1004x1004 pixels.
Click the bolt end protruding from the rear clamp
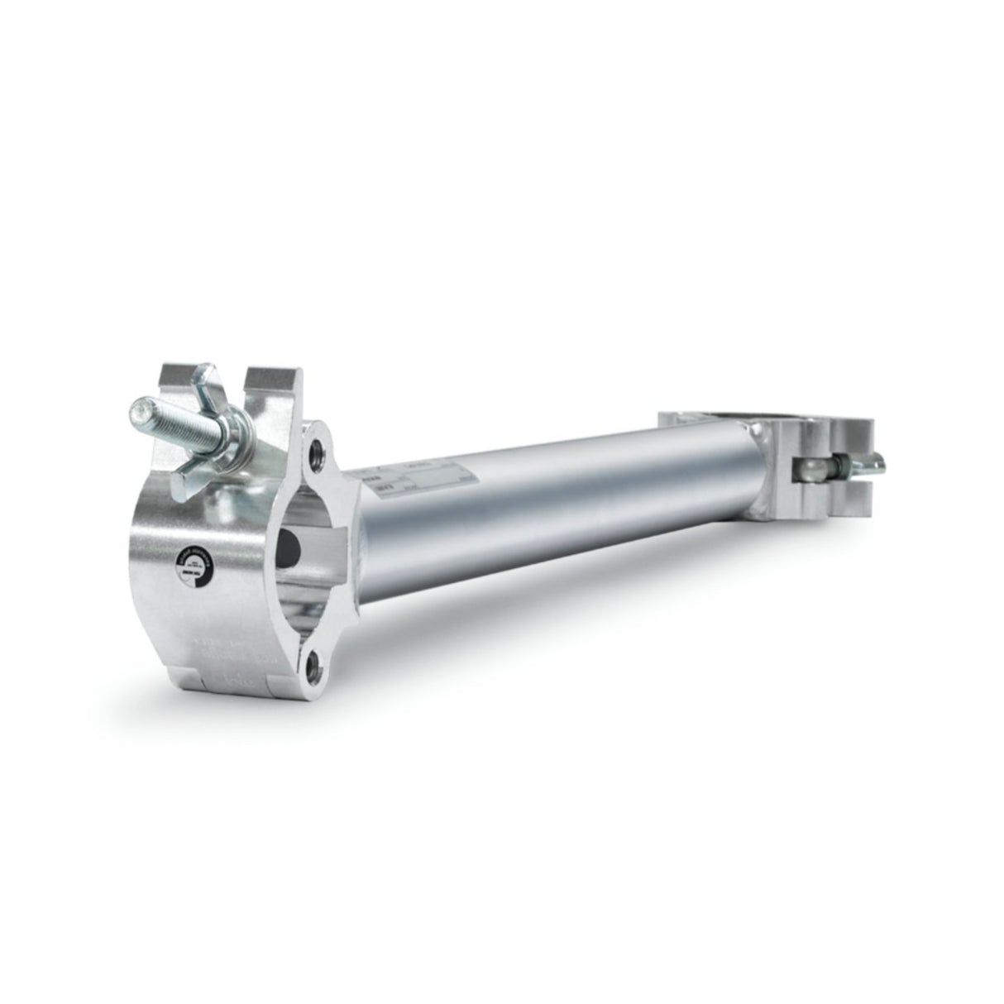click(x=880, y=464)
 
